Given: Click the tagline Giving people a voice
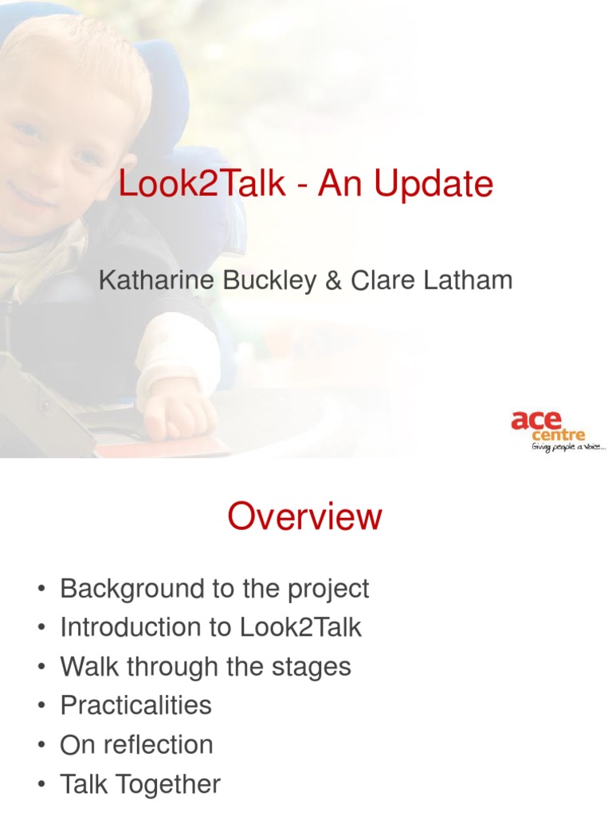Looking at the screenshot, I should [567, 447].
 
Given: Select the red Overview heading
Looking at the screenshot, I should [304, 517].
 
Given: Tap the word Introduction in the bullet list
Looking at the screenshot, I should [122, 627].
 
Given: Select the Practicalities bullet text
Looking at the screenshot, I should [135, 705].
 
